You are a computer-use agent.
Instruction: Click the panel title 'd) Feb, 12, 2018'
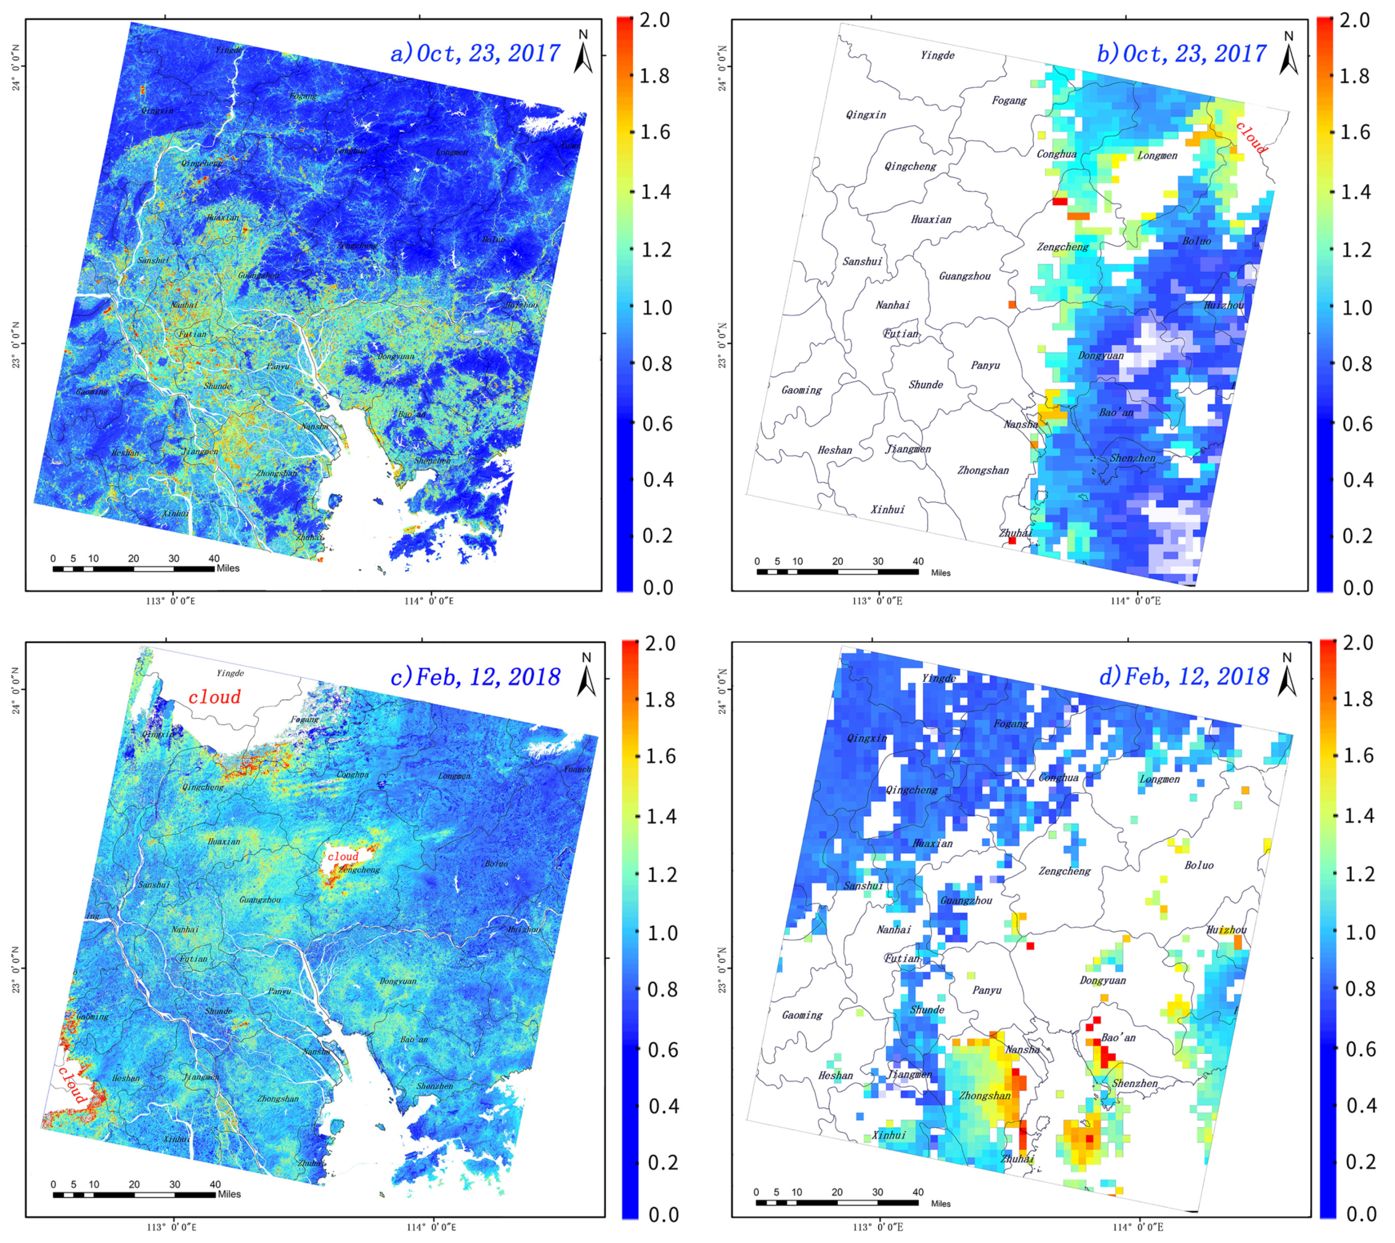pos(1184,676)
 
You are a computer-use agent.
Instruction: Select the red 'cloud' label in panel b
pos(1252,137)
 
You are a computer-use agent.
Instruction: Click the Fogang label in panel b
pos(1009,101)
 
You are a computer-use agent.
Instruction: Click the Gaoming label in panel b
pos(801,390)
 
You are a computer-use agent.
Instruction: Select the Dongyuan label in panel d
pos(1103,980)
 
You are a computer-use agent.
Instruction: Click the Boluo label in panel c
pos(496,864)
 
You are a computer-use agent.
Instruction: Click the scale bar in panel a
pos(133,568)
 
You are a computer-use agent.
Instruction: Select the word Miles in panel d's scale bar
pos(940,1203)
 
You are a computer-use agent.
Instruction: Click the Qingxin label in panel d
pos(866,738)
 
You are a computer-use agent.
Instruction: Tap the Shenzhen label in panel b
pos(1132,458)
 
